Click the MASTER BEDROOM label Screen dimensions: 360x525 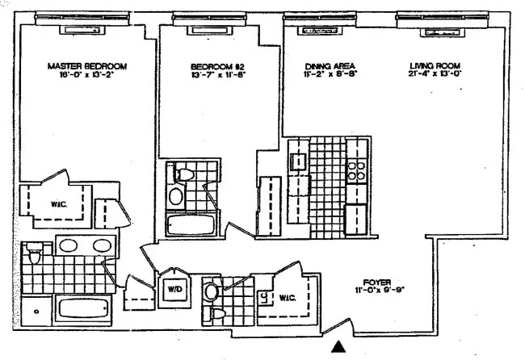(88, 66)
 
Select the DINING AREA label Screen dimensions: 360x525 (330, 66)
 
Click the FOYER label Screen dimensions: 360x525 (376, 283)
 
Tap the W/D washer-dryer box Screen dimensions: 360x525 (174, 288)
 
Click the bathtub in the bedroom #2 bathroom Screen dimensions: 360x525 (191, 224)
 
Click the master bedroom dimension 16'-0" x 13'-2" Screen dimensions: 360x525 (88, 76)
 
